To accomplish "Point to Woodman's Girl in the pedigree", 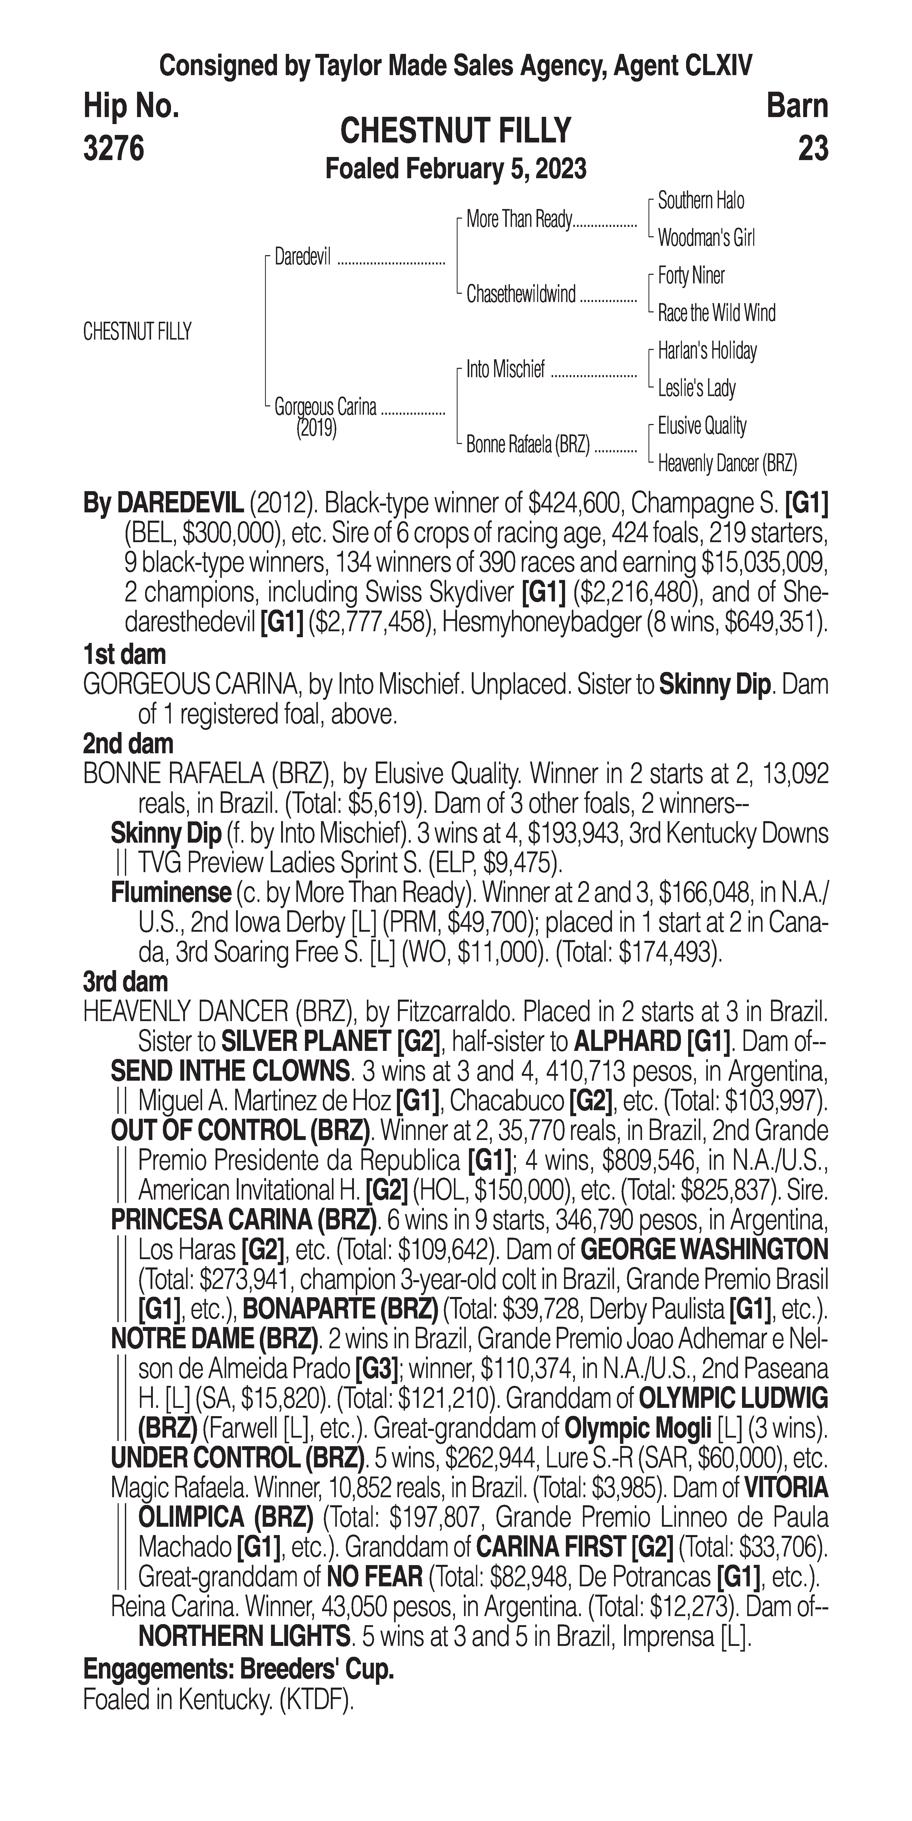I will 706,238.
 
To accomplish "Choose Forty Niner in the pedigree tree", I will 691,276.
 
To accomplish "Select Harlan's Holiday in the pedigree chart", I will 707,351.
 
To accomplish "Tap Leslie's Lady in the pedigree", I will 696,388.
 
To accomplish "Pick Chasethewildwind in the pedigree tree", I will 521,294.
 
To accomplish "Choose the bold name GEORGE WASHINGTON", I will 703,1249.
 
